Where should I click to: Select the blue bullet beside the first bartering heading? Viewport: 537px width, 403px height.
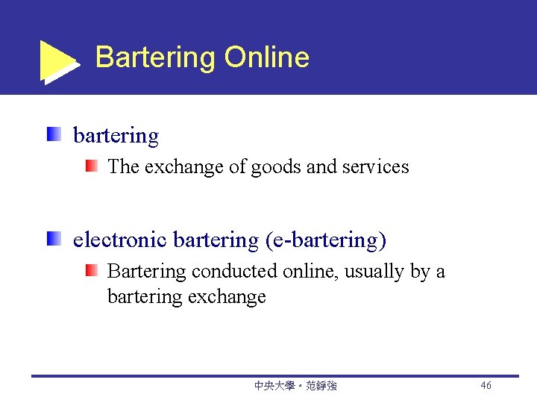pos(53,135)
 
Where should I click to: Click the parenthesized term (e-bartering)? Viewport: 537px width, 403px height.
pos(325,240)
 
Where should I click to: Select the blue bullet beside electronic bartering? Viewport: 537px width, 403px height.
pos(53,240)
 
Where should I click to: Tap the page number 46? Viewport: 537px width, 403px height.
pos(486,386)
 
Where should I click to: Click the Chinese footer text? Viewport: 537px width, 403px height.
pos(295,386)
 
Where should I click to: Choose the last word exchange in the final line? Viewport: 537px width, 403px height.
pos(227,297)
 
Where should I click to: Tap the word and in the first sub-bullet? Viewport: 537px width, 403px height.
pos(321,166)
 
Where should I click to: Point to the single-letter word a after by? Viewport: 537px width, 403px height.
pos(440,271)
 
